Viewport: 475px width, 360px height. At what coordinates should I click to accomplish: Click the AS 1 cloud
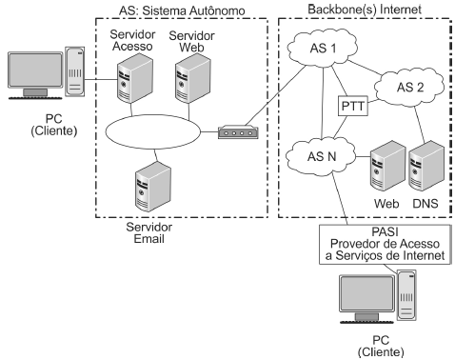click(323, 48)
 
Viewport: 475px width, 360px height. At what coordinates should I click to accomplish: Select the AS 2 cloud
click(409, 87)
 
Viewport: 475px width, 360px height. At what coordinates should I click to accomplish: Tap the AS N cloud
click(321, 156)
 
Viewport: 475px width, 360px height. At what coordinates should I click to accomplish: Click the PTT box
click(353, 106)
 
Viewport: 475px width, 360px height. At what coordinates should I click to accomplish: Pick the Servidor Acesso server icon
click(135, 78)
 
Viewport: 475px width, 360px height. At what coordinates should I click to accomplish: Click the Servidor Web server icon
click(192, 78)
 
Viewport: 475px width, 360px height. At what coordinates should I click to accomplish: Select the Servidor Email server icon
click(153, 187)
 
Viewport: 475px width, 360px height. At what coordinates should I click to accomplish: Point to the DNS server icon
click(426, 166)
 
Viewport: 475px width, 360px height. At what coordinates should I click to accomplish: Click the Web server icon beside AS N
click(387, 166)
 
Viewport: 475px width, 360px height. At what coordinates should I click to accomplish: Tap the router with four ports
click(238, 132)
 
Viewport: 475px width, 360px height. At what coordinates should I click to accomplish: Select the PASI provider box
click(385, 244)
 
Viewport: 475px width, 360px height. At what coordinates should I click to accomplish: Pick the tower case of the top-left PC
click(75, 71)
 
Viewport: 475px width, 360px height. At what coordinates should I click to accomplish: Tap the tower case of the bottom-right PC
click(406, 295)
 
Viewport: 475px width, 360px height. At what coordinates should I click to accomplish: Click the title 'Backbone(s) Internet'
click(365, 10)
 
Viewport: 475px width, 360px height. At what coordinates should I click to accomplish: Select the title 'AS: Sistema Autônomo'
click(182, 10)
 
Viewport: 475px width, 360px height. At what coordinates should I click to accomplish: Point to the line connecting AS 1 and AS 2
click(365, 68)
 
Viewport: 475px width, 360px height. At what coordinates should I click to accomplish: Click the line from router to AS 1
click(275, 95)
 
